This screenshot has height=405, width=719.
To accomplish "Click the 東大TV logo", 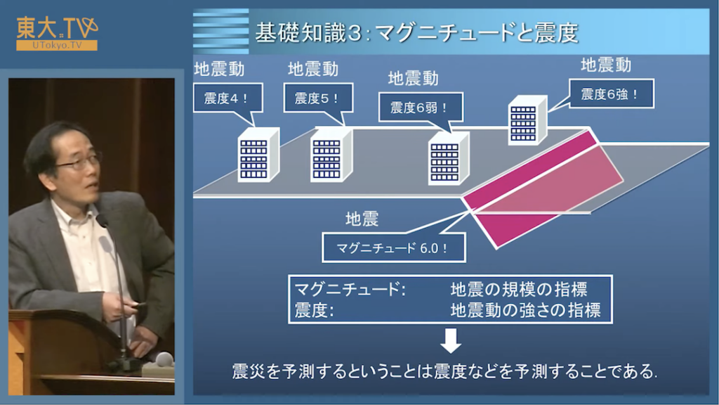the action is click(57, 32).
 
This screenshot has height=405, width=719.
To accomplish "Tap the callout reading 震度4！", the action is click(227, 98).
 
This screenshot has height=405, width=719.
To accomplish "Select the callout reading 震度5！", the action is click(318, 98).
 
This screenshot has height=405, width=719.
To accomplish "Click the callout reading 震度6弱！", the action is click(420, 108).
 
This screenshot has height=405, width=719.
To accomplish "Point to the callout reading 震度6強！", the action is click(612, 94).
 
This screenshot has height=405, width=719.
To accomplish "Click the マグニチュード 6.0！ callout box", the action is click(393, 248).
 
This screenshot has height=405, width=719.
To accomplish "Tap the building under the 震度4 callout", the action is click(258, 155).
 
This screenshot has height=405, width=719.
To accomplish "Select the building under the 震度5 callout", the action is click(331, 155).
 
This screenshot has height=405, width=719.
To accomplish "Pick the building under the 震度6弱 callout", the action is click(449, 158).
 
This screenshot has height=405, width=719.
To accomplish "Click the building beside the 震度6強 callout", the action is click(528, 120).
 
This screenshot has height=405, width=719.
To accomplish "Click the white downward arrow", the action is click(451, 340).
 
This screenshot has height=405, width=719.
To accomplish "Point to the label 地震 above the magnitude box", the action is click(362, 219).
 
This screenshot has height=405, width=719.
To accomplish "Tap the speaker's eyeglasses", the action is click(79, 161).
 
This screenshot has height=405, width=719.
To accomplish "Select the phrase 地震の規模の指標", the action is click(519, 289).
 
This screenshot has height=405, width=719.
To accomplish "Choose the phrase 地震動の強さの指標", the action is click(525, 310).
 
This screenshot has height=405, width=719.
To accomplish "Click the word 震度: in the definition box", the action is click(314, 310).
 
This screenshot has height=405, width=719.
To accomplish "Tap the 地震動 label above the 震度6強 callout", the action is click(606, 65).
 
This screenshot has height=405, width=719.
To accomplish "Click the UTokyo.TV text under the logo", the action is click(57, 46).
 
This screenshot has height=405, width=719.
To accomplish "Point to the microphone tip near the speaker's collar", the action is click(101, 221).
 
